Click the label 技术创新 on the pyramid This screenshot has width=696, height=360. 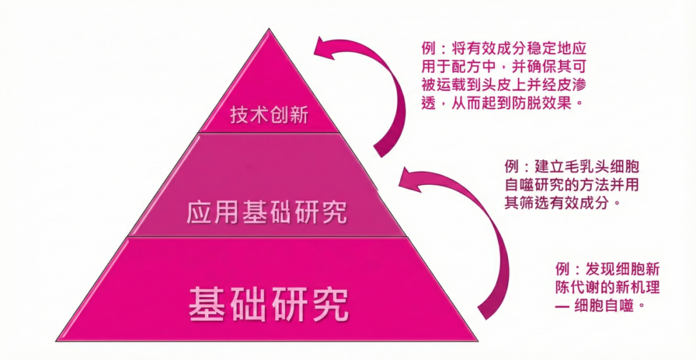(269, 115)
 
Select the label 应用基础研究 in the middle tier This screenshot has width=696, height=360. (267, 212)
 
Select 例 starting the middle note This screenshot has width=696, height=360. (512, 166)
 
